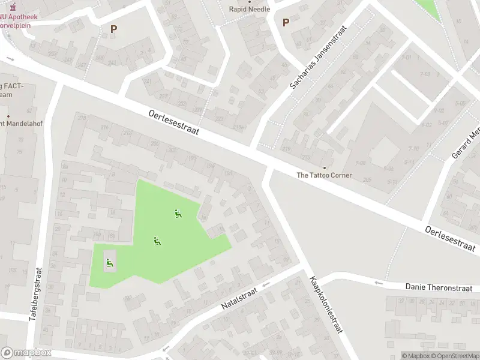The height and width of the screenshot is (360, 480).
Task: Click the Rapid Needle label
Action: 250,9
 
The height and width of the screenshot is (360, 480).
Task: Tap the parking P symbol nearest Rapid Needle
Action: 286,23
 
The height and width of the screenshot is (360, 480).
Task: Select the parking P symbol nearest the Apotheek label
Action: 113,28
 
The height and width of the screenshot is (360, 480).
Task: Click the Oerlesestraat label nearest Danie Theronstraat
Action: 450,238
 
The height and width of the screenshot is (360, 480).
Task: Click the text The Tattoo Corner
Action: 325,175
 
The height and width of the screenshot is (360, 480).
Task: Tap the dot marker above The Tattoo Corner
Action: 325,167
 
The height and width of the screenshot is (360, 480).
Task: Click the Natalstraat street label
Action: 239,298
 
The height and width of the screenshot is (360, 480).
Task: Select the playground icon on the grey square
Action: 109,262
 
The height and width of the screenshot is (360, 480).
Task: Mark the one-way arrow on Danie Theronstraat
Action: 379,283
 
